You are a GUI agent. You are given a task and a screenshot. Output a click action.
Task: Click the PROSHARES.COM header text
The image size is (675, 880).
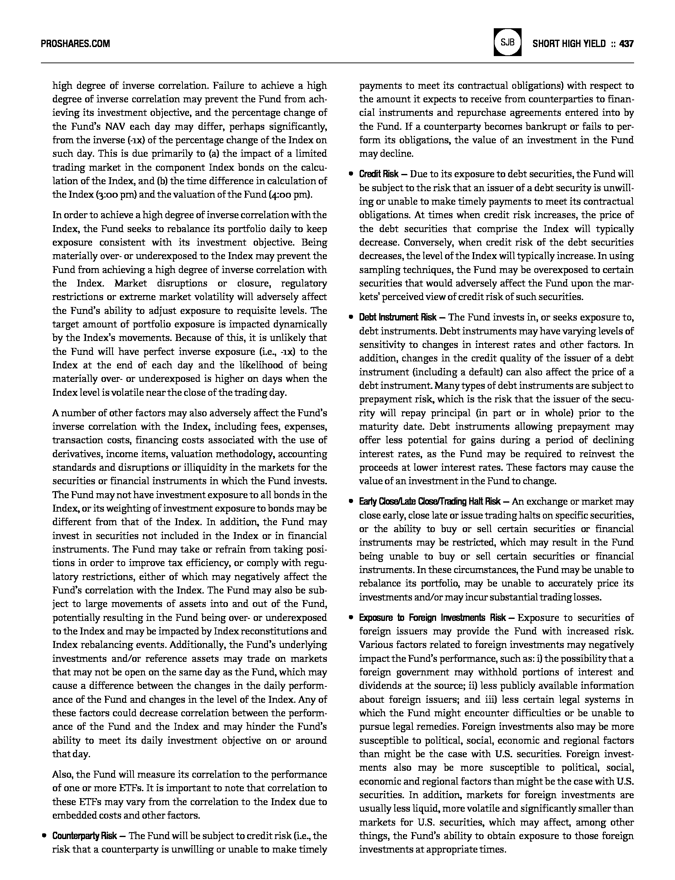pos(75,44)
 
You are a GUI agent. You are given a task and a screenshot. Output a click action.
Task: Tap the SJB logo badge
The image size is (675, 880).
pos(507,42)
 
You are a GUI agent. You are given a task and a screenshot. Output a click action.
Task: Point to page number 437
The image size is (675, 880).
pos(626,44)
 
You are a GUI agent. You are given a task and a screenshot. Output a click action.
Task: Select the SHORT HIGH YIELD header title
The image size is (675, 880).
pos(569,44)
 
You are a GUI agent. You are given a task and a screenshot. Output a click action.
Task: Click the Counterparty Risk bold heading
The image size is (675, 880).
pos(84,836)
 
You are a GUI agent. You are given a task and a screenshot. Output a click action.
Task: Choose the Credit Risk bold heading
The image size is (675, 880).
pos(378,174)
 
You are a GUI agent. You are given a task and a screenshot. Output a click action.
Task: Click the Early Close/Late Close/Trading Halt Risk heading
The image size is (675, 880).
pos(430,502)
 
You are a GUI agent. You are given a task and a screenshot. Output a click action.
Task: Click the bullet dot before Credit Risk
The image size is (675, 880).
pos(351,174)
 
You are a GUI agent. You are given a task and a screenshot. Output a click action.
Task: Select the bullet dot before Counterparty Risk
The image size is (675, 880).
pos(44,835)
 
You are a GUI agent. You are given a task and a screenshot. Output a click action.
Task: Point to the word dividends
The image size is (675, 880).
pos(380,686)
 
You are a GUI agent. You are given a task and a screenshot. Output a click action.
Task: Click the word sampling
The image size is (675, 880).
pos(378,270)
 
